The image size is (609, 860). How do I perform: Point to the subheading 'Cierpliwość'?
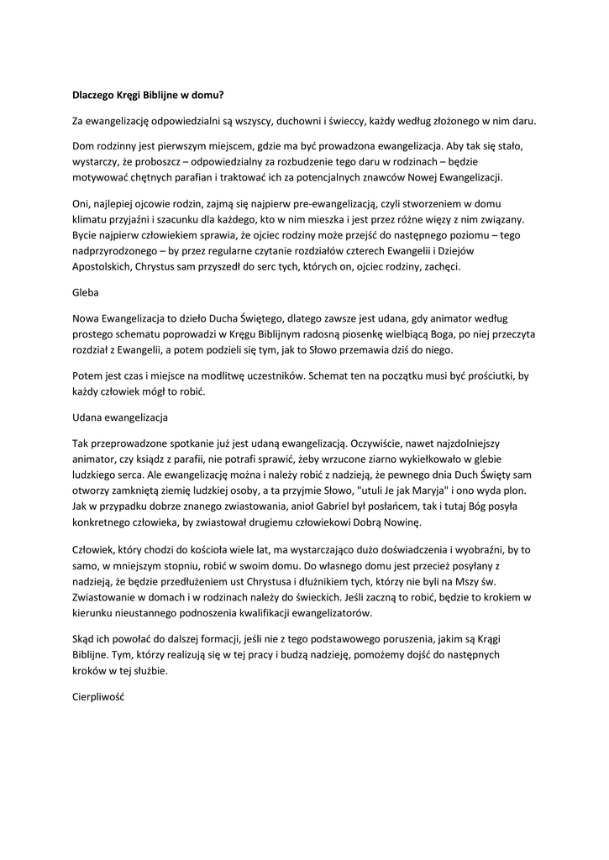pos(97,697)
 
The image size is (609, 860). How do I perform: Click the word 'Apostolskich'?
pos(102,266)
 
